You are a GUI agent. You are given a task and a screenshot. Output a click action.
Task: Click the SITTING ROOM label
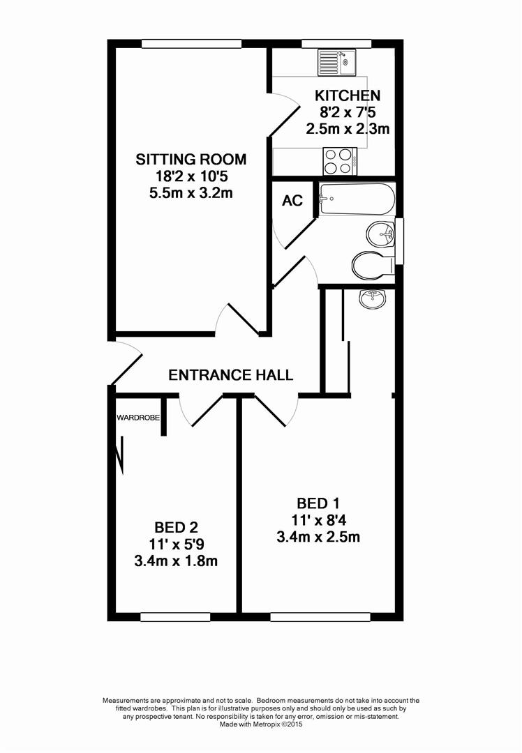191,160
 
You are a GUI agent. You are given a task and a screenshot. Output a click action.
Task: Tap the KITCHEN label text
347,96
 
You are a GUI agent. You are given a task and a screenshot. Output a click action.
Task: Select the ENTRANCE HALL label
231,375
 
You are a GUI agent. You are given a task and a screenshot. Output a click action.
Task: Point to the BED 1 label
318,503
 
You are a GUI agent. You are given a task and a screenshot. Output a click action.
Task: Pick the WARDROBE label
137,418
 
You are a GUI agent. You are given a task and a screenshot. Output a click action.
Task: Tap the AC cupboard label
292,201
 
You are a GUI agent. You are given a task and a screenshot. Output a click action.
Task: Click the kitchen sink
337,63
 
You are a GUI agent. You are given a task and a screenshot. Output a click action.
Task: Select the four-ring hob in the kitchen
340,162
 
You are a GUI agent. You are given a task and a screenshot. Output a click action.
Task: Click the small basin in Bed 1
372,298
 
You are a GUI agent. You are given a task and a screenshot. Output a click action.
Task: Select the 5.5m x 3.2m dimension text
191,193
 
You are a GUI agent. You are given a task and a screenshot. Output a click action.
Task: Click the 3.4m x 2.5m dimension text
318,536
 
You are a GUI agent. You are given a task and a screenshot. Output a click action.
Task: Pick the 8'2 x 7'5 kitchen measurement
347,112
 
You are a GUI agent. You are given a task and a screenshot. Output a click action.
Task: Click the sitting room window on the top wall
191,43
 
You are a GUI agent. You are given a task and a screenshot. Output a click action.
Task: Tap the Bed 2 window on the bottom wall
174,616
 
